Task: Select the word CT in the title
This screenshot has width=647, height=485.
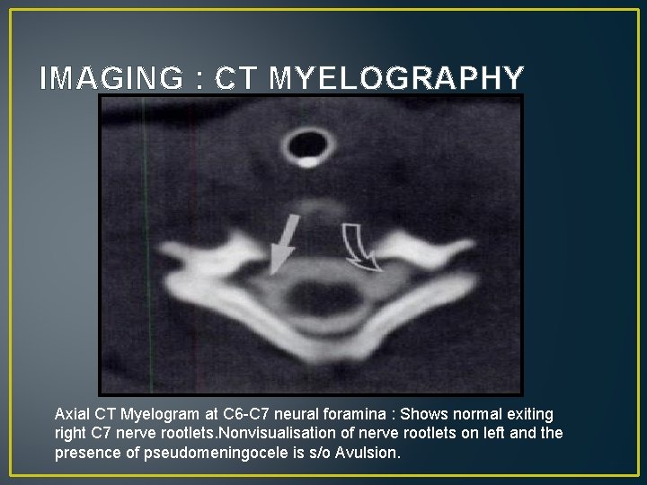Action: [x=237, y=80]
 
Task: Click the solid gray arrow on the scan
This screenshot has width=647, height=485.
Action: [x=283, y=242]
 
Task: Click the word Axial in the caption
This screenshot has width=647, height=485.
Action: [x=73, y=414]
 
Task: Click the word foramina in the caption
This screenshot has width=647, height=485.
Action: [x=358, y=414]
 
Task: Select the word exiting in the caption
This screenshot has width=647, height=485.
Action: [x=529, y=414]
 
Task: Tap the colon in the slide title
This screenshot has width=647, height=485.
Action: [x=197, y=80]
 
